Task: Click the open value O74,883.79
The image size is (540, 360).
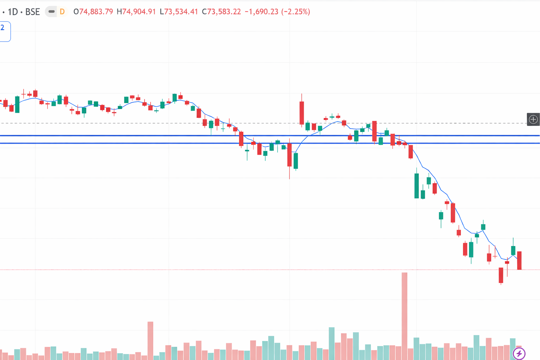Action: pyautogui.click(x=93, y=12)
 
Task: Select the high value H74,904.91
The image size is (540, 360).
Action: pyautogui.click(x=136, y=12)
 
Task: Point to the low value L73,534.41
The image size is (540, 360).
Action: pyautogui.click(x=179, y=12)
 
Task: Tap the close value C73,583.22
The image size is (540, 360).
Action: pyautogui.click(x=221, y=12)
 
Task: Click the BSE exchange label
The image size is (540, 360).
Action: pyautogui.click(x=32, y=12)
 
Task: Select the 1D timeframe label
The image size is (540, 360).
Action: pyautogui.click(x=13, y=12)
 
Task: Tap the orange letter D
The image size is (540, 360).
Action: pyautogui.click(x=62, y=12)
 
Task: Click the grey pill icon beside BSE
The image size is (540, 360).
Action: pyautogui.click(x=51, y=12)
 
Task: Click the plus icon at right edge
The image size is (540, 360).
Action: pyautogui.click(x=533, y=120)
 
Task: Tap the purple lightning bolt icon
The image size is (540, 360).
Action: pyautogui.click(x=519, y=353)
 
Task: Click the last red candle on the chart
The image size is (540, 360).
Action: pyautogui.click(x=519, y=261)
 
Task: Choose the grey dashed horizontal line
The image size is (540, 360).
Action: pyautogui.click(x=105, y=123)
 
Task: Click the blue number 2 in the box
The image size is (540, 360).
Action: pyautogui.click(x=2, y=28)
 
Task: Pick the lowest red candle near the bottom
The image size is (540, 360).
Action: pyautogui.click(x=501, y=275)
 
